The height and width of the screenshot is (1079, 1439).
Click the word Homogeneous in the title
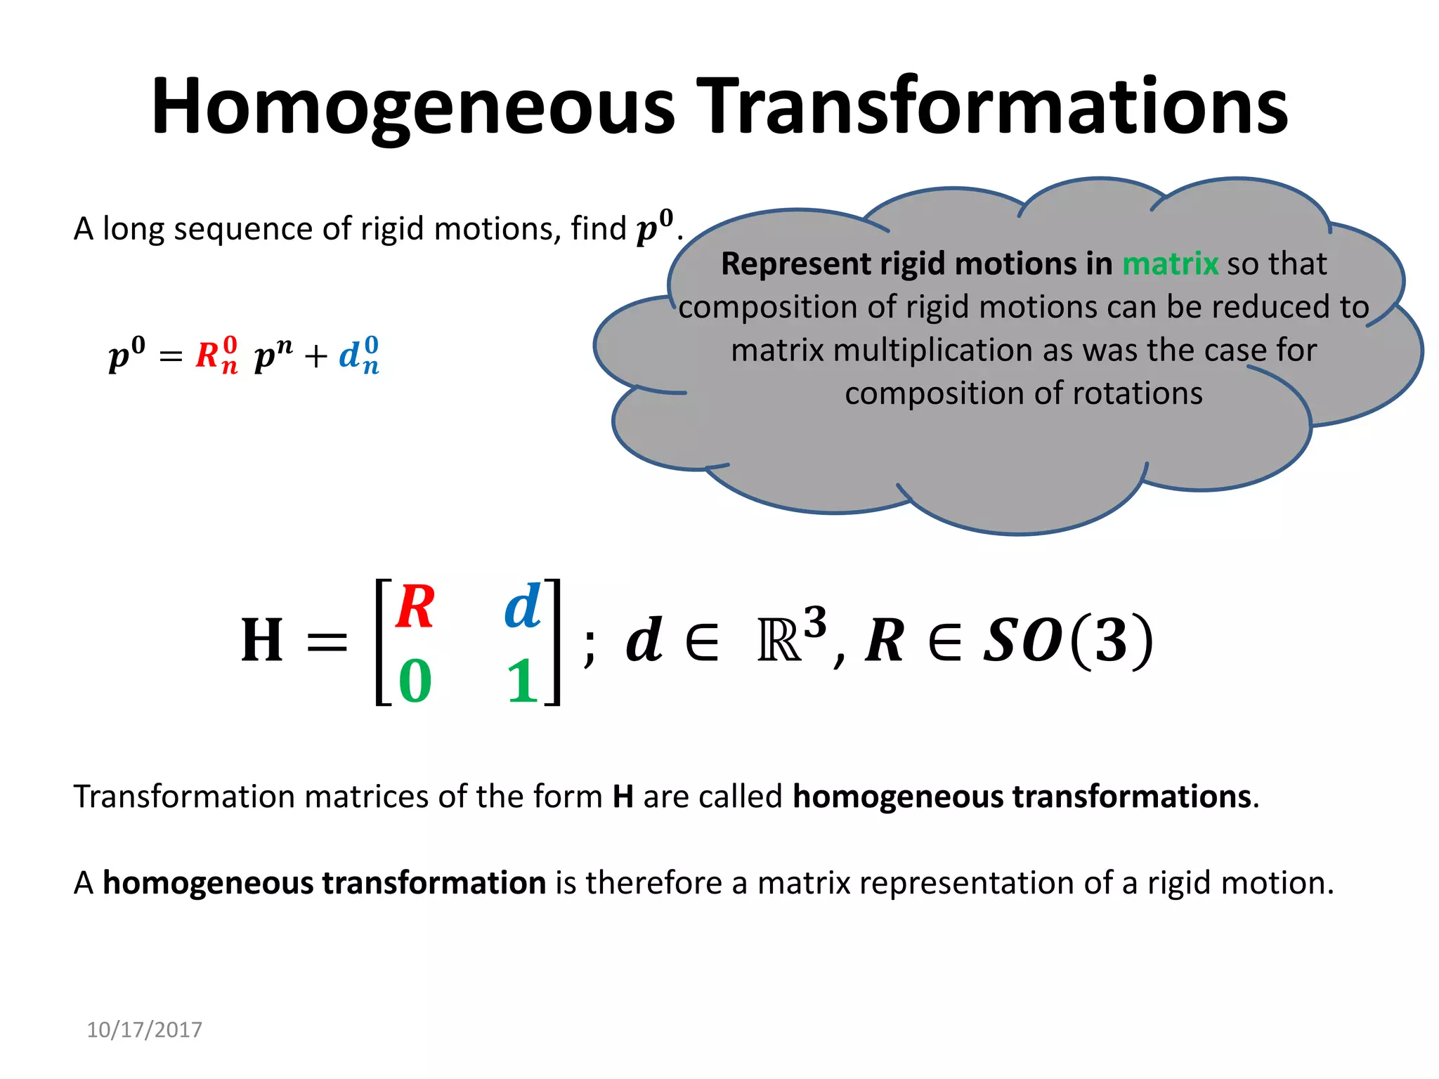[413, 107]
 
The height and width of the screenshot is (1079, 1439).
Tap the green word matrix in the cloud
[1170, 264]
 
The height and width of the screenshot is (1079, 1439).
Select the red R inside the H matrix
[415, 608]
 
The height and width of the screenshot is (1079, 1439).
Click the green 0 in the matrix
[415, 681]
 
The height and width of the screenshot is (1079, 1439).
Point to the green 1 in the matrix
[522, 681]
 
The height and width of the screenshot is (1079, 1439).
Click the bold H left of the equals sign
[262, 640]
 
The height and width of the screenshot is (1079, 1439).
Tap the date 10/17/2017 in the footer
[144, 1030]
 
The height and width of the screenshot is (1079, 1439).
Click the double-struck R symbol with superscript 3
[781, 641]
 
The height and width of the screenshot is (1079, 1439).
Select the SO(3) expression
[1068, 640]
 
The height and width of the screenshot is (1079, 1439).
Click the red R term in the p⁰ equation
[216, 355]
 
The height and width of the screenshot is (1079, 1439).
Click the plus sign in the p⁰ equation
[316, 357]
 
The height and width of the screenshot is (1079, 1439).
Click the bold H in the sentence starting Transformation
[623, 797]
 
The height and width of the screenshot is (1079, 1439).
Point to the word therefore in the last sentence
[653, 883]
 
